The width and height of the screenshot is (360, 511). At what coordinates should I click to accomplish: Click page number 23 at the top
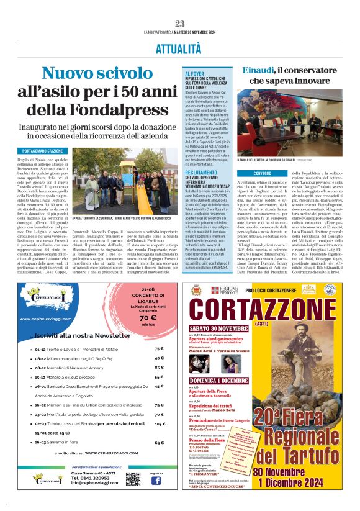pos(180,24)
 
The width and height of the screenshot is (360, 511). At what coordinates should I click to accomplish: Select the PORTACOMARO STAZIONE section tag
pos(45,150)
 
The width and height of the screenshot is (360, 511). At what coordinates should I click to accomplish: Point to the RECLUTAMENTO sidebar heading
pos(199,172)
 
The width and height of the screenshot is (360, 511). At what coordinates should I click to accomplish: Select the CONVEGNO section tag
pos(245,173)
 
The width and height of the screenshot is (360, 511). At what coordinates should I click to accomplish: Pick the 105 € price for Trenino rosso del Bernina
pos(160,425)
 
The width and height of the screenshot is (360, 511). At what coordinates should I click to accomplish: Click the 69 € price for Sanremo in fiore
pos(160,443)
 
